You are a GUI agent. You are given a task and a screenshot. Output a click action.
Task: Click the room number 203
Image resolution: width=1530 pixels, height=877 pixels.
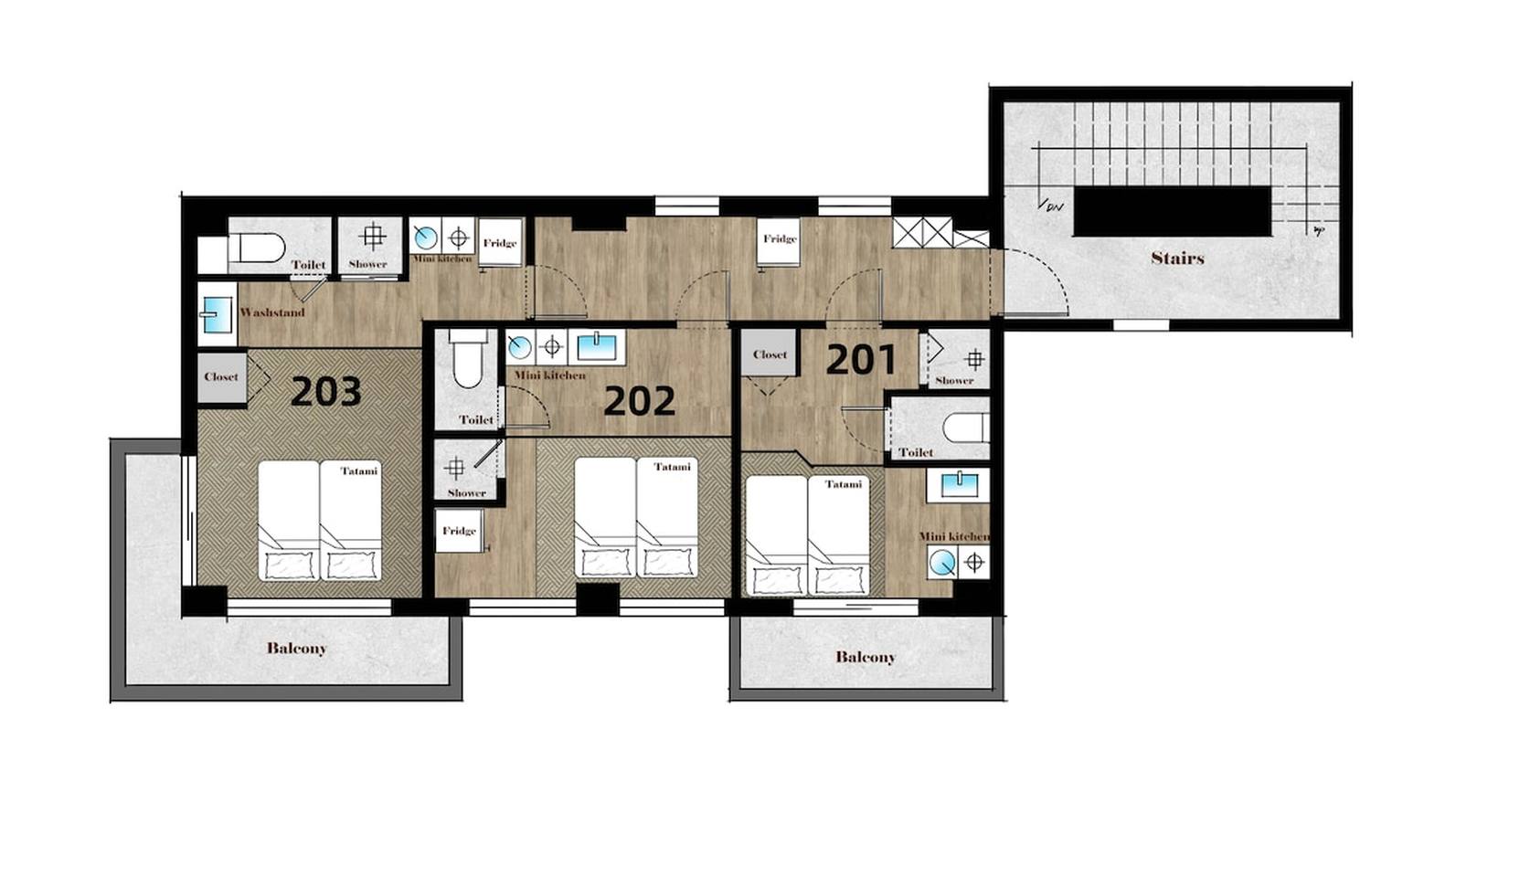click(x=325, y=393)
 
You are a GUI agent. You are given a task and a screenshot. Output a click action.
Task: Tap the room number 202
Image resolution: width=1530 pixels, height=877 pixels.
click(x=639, y=401)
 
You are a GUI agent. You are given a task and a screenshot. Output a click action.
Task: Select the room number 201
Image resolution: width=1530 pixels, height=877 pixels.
click(x=861, y=360)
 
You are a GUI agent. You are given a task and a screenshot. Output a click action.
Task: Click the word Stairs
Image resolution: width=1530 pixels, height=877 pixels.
click(x=1177, y=258)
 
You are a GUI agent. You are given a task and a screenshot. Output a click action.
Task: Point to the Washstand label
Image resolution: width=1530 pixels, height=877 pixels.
click(x=271, y=312)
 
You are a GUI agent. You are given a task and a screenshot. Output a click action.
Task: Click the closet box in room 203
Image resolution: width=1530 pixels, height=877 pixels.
click(x=222, y=376)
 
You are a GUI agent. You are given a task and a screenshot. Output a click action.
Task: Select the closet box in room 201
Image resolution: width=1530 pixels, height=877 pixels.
click(x=770, y=353)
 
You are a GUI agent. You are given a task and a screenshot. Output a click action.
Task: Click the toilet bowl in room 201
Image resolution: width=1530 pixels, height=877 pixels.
click(x=965, y=428)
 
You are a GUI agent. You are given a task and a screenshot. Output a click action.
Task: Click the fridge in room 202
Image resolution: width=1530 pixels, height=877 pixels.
click(x=459, y=531)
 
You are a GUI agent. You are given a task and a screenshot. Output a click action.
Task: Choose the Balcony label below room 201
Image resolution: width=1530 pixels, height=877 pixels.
click(x=866, y=657)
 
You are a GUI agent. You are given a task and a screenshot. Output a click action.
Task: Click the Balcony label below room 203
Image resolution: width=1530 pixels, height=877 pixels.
click(x=296, y=648)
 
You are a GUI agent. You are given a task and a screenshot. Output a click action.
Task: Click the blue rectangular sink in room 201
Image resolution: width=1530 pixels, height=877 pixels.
click(x=958, y=483)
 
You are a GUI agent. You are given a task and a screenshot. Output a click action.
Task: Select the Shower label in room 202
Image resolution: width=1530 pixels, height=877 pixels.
click(x=467, y=492)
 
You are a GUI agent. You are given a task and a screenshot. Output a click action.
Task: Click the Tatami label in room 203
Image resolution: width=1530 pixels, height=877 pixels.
click(x=359, y=470)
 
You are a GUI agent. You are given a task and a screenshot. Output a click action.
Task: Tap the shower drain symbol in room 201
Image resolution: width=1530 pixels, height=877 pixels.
click(x=975, y=358)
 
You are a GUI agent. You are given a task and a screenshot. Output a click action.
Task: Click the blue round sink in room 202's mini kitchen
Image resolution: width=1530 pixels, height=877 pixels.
click(x=520, y=347)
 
